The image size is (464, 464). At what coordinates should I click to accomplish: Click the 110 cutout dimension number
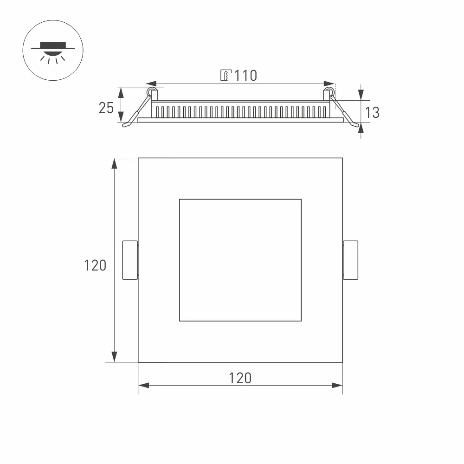pos(245,75)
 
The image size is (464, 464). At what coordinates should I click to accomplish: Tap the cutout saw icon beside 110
pos(225,75)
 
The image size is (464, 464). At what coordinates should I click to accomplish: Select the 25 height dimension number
pos(106,108)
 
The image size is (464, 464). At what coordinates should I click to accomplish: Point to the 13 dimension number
pos(372,112)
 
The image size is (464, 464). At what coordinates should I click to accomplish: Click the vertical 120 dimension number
pos(95,265)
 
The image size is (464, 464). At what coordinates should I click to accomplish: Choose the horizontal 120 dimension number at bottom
pos(240,378)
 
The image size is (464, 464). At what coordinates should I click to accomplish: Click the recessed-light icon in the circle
pos(53,50)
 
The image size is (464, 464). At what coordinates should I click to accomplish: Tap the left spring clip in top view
pos(130,260)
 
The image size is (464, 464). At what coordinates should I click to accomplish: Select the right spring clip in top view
pos(350,260)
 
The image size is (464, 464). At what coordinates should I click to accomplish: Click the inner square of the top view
pos(240,260)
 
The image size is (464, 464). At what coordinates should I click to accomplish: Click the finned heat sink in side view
pos(240,112)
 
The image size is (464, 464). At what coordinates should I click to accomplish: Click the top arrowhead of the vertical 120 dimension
pos(114,163)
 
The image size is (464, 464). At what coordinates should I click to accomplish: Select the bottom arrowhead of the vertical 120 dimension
pos(114,357)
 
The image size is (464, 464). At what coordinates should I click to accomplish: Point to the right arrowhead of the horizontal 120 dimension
pos(337,386)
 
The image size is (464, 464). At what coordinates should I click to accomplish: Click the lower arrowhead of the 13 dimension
pos(362,127)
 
